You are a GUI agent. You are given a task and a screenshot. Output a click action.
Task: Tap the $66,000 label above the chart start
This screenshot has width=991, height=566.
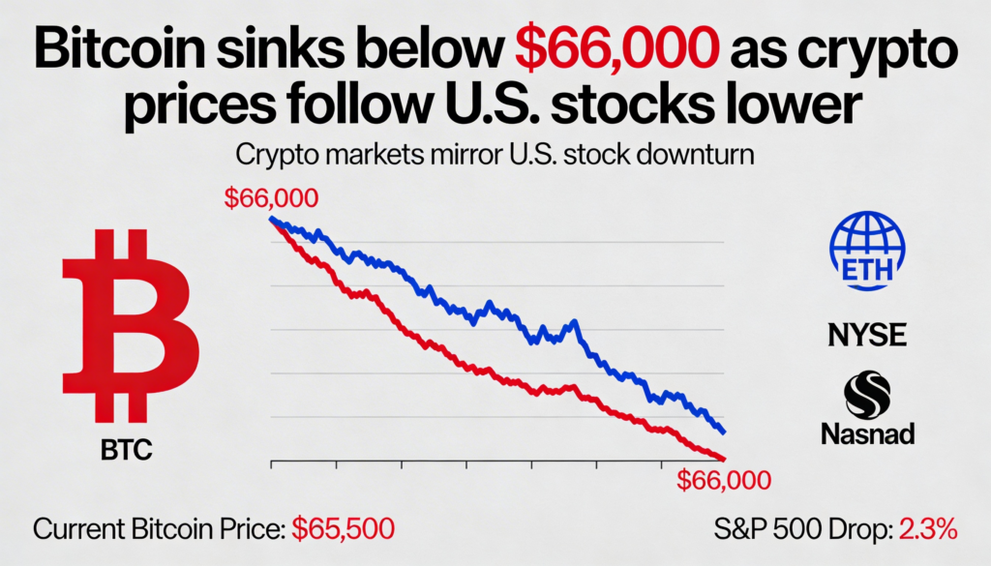[271, 198]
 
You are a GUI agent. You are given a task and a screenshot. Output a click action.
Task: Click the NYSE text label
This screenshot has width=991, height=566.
[867, 336]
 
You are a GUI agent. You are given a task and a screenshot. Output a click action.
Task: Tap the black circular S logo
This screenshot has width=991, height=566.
[868, 395]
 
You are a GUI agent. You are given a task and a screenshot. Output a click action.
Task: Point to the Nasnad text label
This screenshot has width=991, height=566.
[868, 434]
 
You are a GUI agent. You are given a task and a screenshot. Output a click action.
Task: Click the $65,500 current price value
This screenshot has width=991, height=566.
[345, 530]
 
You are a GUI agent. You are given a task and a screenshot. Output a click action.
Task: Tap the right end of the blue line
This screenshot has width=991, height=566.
[724, 432]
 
